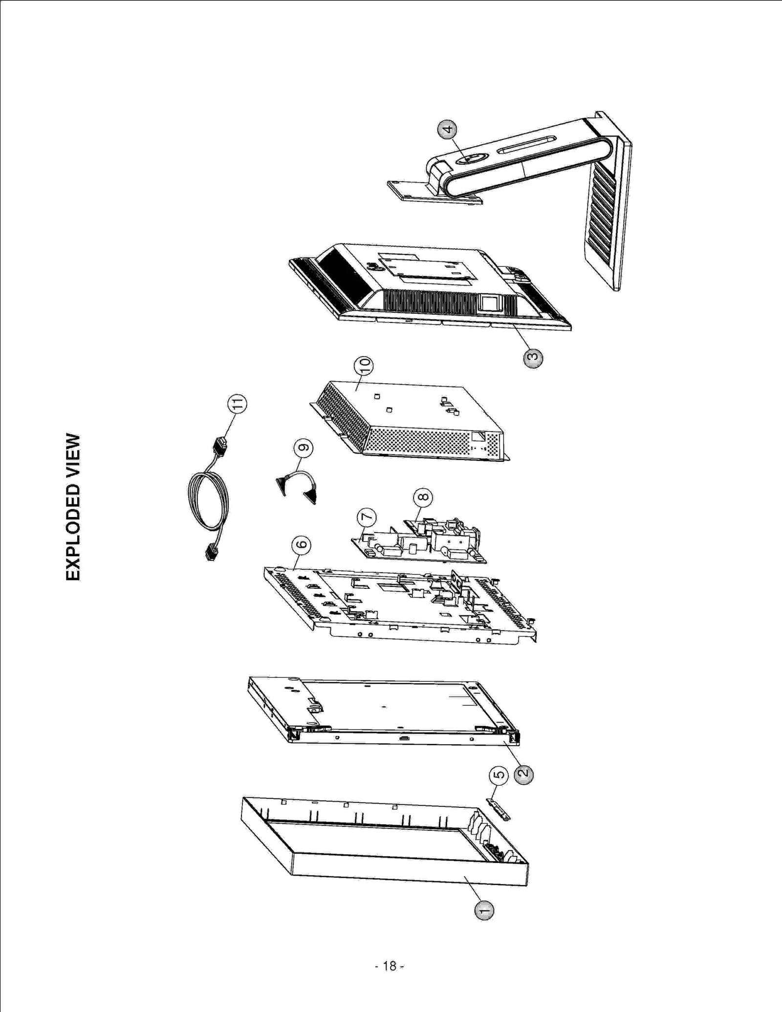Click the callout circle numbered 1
click(x=484, y=910)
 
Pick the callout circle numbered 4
click(x=447, y=129)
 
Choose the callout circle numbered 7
click(x=367, y=517)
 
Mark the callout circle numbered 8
click(x=423, y=497)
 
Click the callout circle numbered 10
click(x=363, y=366)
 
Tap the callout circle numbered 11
click(x=237, y=404)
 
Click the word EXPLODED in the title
click(x=73, y=533)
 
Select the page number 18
click(x=390, y=966)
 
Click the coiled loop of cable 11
click(x=208, y=503)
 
